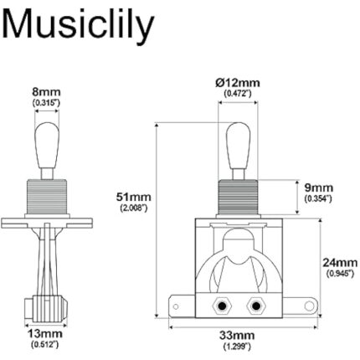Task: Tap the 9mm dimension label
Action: pyautogui.click(x=317, y=188)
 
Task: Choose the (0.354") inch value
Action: pyautogui.click(x=317, y=199)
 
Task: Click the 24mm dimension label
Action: pyautogui.click(x=337, y=262)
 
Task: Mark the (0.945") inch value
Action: pyautogui.click(x=337, y=274)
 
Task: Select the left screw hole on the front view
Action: pyautogui.click(x=222, y=305)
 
